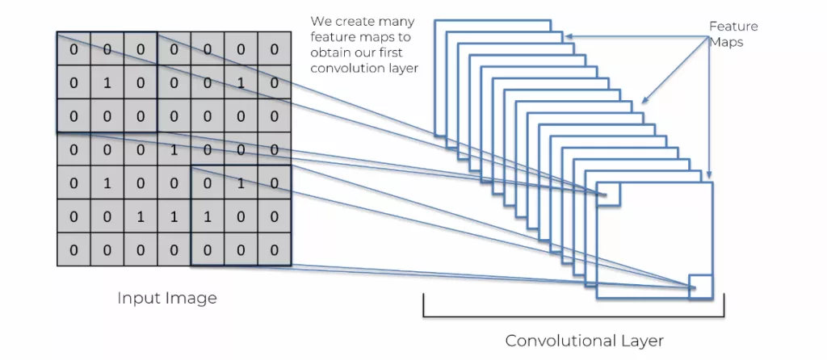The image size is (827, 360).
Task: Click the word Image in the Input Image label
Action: (x=192, y=298)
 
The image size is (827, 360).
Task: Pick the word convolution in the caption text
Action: (x=345, y=69)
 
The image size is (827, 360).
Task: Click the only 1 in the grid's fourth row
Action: (x=174, y=149)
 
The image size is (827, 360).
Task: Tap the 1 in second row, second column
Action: (x=107, y=82)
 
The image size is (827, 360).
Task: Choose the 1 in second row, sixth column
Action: (x=240, y=82)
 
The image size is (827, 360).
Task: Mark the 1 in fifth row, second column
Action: (x=107, y=183)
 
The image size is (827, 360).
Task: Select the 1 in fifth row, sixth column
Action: (x=240, y=183)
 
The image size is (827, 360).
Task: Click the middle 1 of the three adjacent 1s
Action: (x=174, y=216)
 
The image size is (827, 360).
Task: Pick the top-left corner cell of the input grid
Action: (x=73, y=49)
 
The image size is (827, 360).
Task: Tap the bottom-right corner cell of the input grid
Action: (x=274, y=250)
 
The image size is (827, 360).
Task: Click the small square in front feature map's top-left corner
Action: (x=608, y=194)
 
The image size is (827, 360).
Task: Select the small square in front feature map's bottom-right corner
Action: (x=700, y=287)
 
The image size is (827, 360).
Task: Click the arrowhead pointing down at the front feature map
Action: (x=708, y=175)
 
